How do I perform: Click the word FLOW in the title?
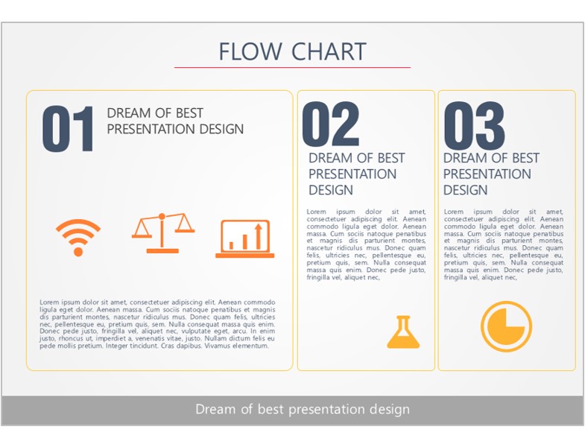pyautogui.click(x=250, y=51)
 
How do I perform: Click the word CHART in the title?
pyautogui.click(x=329, y=51)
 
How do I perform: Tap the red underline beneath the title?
pyautogui.click(x=292, y=68)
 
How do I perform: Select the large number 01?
pyautogui.click(x=68, y=129)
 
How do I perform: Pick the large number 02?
pyautogui.click(x=331, y=124)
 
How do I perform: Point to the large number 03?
pyautogui.click(x=474, y=125)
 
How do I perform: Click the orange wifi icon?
pyautogui.click(x=78, y=238)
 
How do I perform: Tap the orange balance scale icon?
pyautogui.click(x=162, y=233)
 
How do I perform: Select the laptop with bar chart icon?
pyautogui.click(x=244, y=239)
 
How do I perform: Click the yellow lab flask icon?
pyautogui.click(x=403, y=332)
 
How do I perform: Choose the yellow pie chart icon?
pyautogui.click(x=506, y=326)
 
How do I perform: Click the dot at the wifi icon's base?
pyautogui.click(x=78, y=252)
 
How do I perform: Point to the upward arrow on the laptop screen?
pyautogui.click(x=258, y=236)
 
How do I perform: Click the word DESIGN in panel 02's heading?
pyautogui.click(x=331, y=190)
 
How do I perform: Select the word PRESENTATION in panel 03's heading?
pyautogui.click(x=487, y=174)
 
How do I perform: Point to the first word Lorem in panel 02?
pyautogui.click(x=316, y=212)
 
